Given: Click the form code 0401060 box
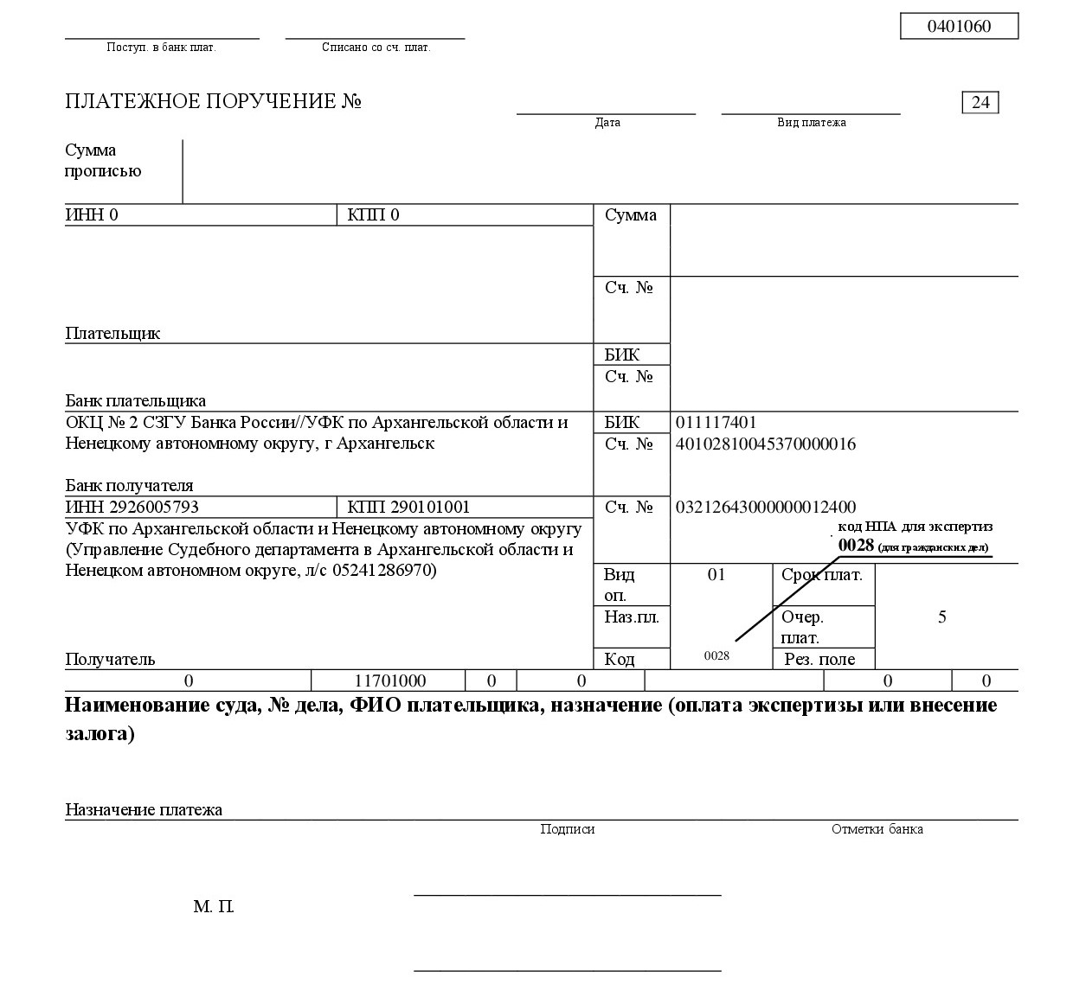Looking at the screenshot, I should click(959, 26).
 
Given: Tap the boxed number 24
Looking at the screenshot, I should click(980, 102).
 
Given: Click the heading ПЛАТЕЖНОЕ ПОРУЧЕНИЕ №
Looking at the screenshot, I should click(213, 102).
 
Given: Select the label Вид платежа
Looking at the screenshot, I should click(811, 123).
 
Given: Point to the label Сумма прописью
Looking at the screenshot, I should click(103, 161).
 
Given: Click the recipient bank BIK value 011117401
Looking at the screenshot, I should click(716, 423).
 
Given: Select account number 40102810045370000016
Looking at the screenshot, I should click(765, 444).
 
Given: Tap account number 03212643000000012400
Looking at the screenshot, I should click(765, 508).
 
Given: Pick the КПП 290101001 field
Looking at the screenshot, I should click(408, 508).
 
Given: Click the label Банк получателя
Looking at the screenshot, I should click(129, 486).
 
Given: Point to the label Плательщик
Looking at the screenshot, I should click(112, 334).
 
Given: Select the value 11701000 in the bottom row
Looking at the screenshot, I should click(390, 681).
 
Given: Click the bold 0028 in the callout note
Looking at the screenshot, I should click(856, 546).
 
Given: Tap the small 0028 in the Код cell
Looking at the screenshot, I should click(716, 656).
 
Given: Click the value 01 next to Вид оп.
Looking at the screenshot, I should click(716, 575).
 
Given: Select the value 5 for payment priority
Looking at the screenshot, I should click(942, 617).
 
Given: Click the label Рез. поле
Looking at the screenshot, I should click(819, 660).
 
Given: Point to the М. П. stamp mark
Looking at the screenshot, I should click(214, 907).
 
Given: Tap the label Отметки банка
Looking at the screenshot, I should click(877, 829).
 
